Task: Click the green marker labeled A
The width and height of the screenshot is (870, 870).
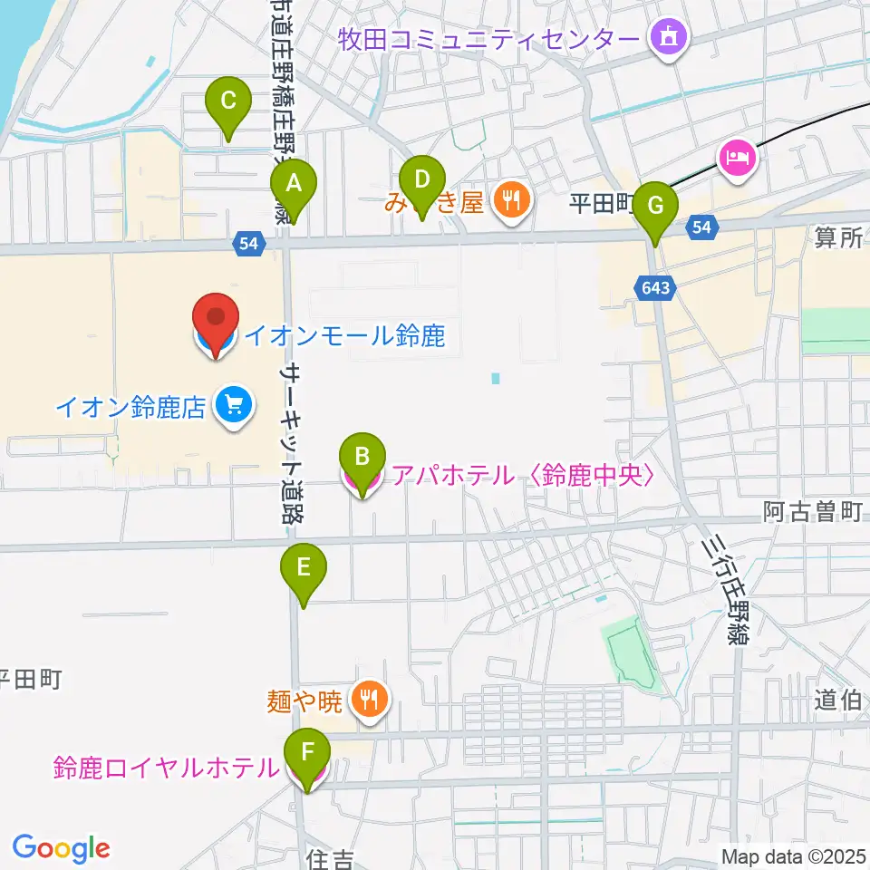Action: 294,185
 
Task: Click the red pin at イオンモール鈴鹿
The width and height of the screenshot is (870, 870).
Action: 216,320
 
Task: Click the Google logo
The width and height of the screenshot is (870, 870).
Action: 61,847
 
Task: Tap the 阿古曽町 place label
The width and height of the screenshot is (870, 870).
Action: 811,513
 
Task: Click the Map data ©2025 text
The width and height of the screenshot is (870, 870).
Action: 794,855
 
